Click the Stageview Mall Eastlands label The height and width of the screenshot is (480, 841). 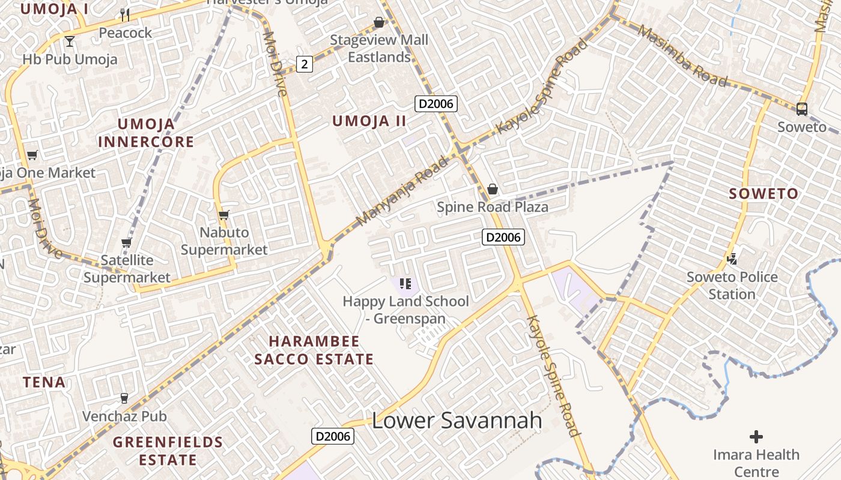pos(379,49)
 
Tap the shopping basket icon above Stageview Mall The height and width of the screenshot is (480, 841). pos(379,23)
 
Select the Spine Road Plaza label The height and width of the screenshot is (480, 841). pos(492,208)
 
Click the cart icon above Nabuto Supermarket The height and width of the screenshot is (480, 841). pos(224,215)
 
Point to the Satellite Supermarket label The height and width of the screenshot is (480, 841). pos(127,269)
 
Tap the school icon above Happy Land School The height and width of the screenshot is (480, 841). pos(405,283)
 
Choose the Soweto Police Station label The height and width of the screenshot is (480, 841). pos(732,286)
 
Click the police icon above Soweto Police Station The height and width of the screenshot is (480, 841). pos(732,259)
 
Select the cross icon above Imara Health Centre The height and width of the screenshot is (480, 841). pos(756,436)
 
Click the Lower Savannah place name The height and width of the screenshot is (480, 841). pos(457,421)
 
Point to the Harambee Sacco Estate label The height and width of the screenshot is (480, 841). pos(314,350)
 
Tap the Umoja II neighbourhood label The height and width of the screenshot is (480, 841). pos(369,121)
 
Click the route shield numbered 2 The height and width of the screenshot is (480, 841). pos(305,64)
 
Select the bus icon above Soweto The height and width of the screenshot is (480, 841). pos(801,109)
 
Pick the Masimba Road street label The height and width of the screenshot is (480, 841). pos(683,55)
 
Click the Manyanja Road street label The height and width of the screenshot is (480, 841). pos(402,191)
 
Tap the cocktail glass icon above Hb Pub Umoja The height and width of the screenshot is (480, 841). pos(70,41)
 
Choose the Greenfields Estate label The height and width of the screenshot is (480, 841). pos(168,451)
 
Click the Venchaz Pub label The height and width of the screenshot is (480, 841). pos(124,416)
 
